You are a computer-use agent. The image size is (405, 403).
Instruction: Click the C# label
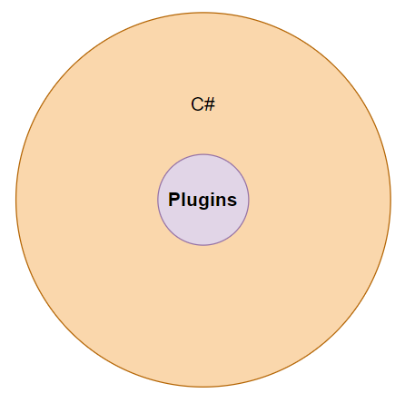pyautogui.click(x=202, y=104)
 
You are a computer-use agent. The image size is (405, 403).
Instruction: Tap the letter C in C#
pyautogui.click(x=197, y=104)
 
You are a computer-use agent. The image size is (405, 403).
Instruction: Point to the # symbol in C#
pyautogui.click(x=210, y=104)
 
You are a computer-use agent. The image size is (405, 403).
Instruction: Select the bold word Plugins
pyautogui.click(x=202, y=201)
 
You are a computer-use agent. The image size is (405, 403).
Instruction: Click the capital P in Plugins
pyautogui.click(x=174, y=199)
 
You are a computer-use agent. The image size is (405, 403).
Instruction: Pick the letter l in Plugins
pyautogui.click(x=183, y=199)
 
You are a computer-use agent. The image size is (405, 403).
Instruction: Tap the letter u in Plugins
pyautogui.click(x=193, y=201)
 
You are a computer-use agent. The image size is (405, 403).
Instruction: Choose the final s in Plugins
pyautogui.click(x=232, y=201)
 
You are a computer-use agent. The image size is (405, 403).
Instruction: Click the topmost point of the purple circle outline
pyautogui.click(x=203, y=154)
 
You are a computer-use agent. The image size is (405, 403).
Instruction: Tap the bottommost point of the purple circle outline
pyautogui.click(x=203, y=245)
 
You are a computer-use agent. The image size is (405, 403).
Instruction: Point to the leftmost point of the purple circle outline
pyautogui.click(x=158, y=200)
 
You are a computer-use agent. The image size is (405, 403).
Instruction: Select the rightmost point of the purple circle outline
pyautogui.click(x=249, y=200)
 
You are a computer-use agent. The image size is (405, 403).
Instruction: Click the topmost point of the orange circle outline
pyautogui.click(x=203, y=13)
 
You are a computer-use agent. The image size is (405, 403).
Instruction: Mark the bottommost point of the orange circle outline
pyautogui.click(x=203, y=387)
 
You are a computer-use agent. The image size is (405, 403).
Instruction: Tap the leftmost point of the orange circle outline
pyautogui.click(x=16, y=200)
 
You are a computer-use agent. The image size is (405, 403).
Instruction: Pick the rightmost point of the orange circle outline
pyautogui.click(x=390, y=200)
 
